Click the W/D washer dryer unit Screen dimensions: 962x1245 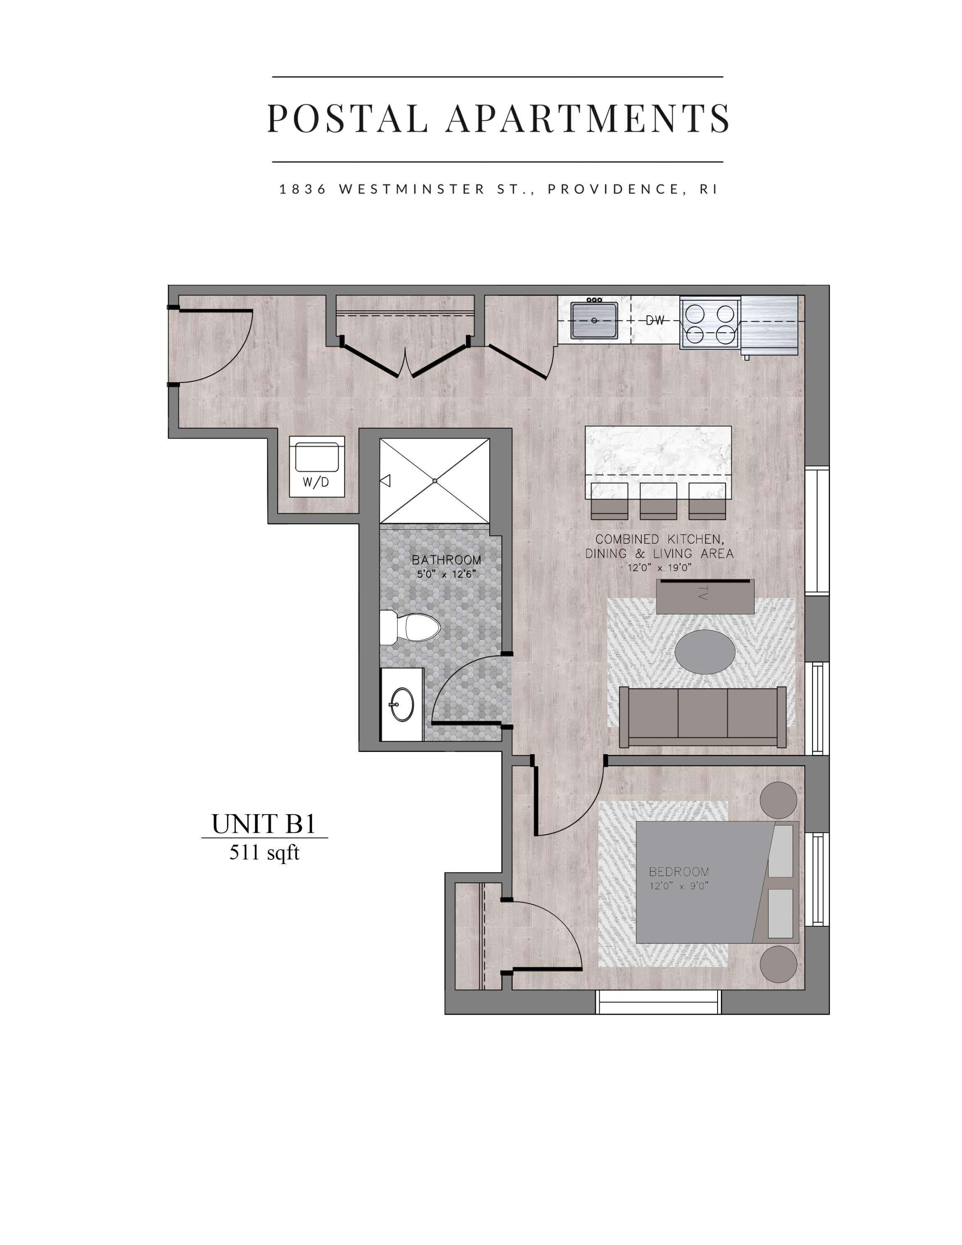pos(316,466)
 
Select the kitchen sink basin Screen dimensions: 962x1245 pos(594,320)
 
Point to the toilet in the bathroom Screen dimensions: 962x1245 pos(410,627)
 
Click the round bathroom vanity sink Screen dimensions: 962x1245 pos(402,705)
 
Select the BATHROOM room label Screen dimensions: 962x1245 pos(446,560)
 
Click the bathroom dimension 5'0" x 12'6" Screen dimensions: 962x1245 pos(446,574)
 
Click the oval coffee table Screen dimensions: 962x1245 pos(704,652)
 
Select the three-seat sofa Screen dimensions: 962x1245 pos(703,717)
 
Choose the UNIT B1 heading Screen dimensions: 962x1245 pos(264,824)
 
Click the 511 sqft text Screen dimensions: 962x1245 pos(264,853)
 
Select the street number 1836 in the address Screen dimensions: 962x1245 pos(303,189)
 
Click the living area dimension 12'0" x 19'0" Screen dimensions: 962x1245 pos(659,568)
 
